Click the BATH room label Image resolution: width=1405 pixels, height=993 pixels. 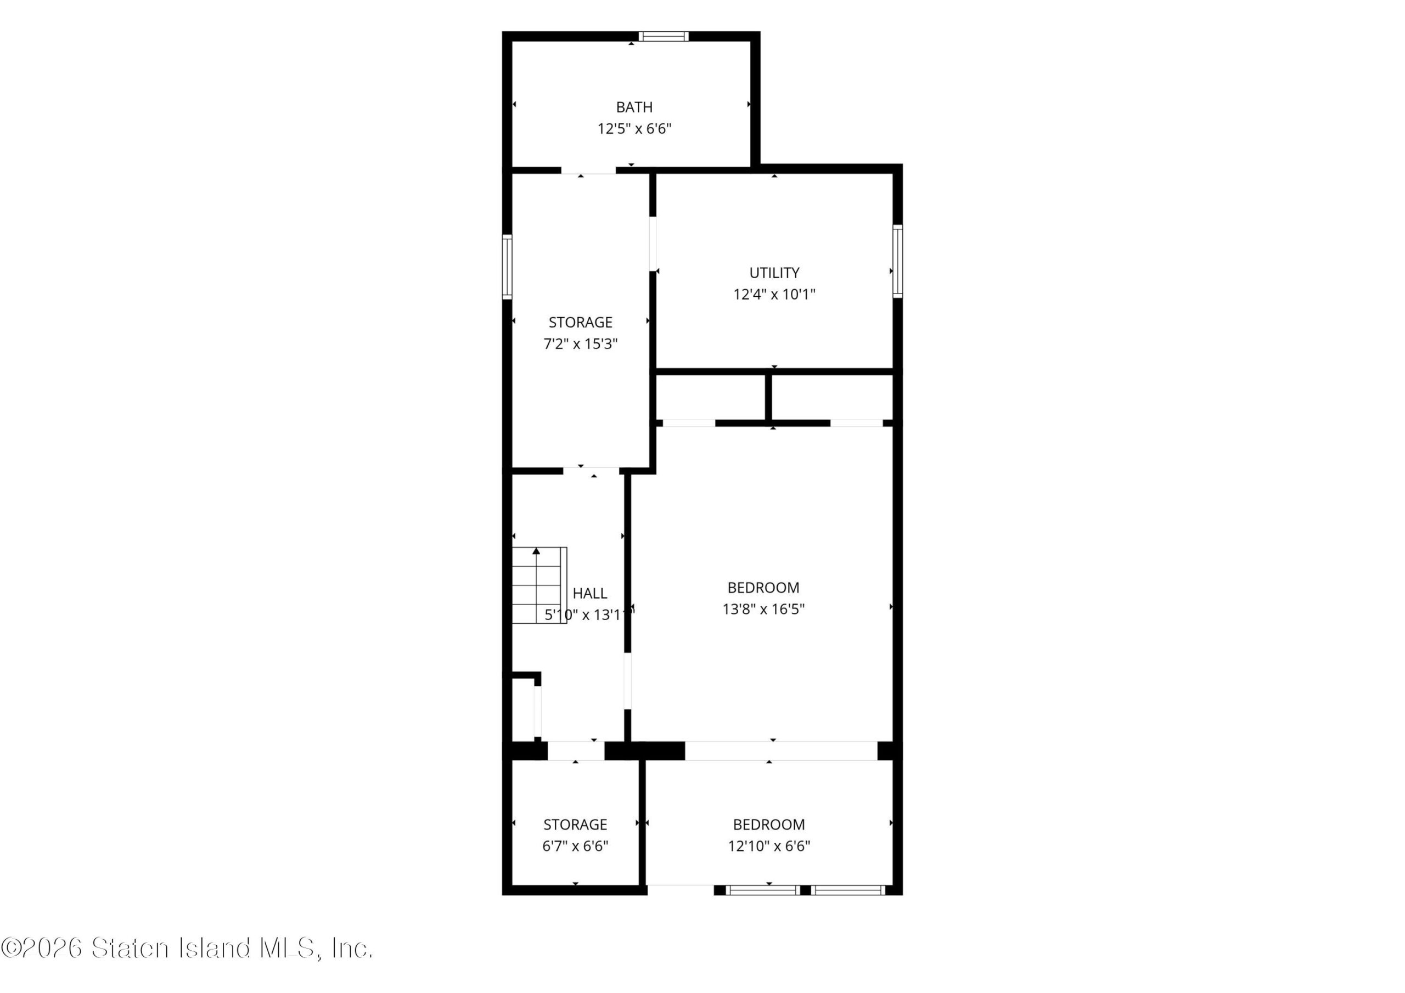point(634,107)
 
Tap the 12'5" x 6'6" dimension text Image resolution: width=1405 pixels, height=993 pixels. point(634,129)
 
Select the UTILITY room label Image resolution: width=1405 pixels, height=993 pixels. point(774,272)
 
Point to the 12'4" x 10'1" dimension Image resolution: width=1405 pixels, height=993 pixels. point(774,294)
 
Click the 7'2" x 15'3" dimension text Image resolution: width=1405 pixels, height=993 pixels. point(580,344)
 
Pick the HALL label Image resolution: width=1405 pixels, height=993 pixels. point(590,593)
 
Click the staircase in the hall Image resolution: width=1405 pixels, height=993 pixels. point(539,585)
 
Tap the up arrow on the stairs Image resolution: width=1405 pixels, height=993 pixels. point(536,551)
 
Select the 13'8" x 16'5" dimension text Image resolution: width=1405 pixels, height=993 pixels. point(763,609)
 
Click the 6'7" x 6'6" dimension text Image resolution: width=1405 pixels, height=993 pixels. point(575,846)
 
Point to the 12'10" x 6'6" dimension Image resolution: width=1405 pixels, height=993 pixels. point(768,846)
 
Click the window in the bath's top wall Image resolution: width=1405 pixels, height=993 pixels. point(664,36)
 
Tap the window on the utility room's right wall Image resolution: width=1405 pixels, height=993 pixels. point(898,261)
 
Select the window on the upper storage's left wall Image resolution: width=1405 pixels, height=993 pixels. point(507,267)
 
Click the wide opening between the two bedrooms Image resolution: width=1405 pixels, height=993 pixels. point(781,751)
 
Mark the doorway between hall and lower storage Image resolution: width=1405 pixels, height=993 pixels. point(576,751)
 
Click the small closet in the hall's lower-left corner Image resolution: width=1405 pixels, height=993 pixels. point(523,708)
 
